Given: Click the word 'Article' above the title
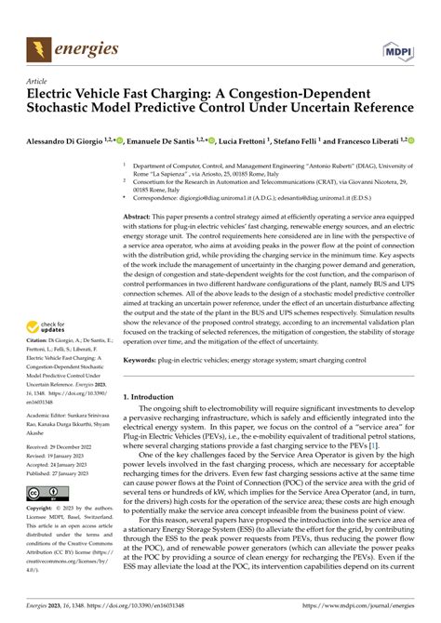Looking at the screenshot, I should (39, 81).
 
